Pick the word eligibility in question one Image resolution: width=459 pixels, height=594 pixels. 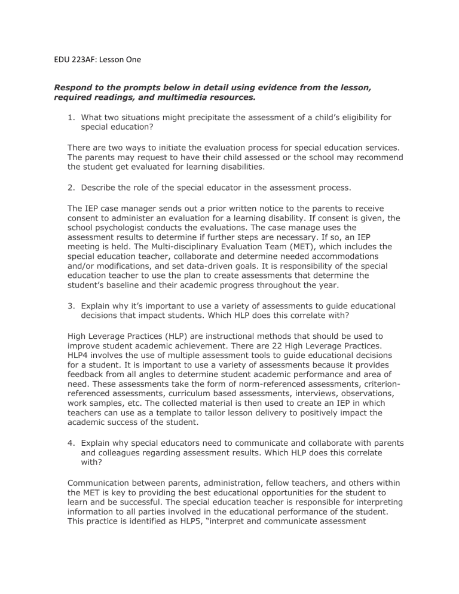pyautogui.click(x=351, y=118)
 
